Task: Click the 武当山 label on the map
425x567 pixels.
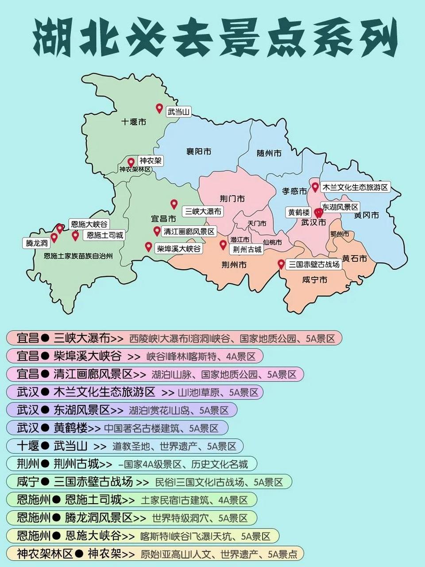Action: (179, 112)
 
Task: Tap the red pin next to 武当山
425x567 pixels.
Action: (159, 108)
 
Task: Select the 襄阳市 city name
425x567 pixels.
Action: (199, 151)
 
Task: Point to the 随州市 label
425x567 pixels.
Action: (269, 153)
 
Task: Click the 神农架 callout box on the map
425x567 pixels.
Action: (150, 161)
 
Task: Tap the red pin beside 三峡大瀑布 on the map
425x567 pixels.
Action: (174, 204)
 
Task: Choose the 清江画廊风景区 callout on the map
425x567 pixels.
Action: (189, 232)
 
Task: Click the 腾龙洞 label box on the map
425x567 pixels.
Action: (37, 243)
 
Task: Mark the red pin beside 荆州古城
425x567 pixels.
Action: (223, 245)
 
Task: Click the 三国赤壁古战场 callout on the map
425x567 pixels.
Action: (314, 264)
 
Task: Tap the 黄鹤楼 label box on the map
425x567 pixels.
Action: (299, 212)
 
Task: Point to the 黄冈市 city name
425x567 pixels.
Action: (367, 215)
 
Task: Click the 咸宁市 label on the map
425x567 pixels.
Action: (315, 280)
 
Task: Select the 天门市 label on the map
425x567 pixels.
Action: (257, 224)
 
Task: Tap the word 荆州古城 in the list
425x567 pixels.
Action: (76, 464)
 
